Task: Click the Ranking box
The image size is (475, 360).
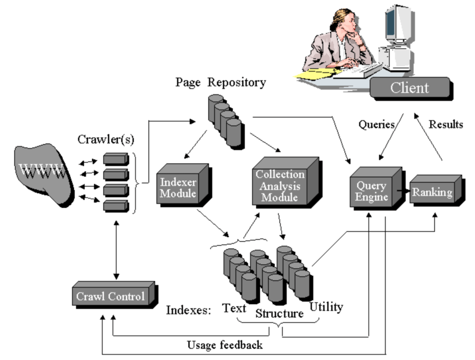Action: [x=432, y=192]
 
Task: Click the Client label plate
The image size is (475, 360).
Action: [x=409, y=88]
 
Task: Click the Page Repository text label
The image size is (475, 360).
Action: [x=220, y=83]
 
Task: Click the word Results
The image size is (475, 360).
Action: [x=445, y=124]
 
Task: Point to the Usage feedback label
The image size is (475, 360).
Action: [x=225, y=345]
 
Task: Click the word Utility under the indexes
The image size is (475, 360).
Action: [x=326, y=307]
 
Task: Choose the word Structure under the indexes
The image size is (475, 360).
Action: [x=279, y=314]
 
